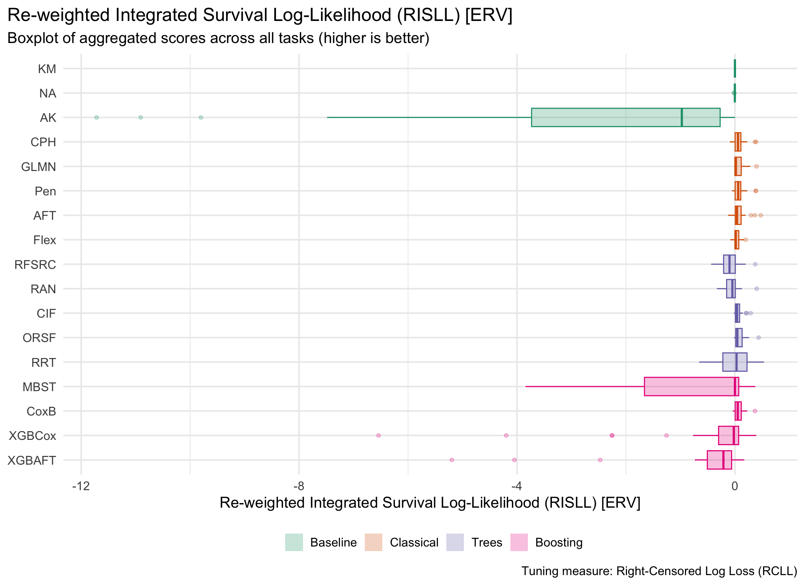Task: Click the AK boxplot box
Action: [x=625, y=117]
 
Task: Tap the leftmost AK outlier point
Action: [x=96, y=117]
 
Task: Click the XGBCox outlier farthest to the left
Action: [x=378, y=435]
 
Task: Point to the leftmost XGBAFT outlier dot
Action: [x=452, y=460]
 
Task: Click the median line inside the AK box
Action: [x=682, y=117]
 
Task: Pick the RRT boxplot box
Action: [x=735, y=362]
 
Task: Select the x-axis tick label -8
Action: [x=299, y=486]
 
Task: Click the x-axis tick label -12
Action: [x=81, y=486]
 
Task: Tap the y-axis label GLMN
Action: [x=38, y=167]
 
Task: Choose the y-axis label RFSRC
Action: [x=35, y=265]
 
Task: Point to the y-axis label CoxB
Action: [x=41, y=411]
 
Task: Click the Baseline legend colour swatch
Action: [x=294, y=542]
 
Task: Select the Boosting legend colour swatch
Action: [x=519, y=542]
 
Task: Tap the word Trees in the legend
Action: [x=487, y=542]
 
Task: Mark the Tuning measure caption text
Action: [x=659, y=571]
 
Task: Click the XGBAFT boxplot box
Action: [x=719, y=460]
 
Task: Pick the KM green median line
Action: [x=735, y=69]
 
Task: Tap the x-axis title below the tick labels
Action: [x=430, y=503]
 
